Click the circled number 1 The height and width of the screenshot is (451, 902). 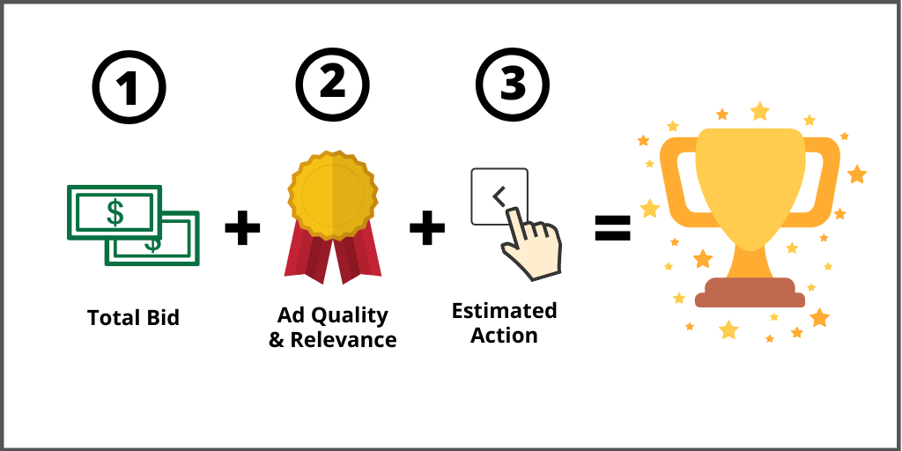point(129,89)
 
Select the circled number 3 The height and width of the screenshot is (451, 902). point(512,85)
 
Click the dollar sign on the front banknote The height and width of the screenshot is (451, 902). point(115,211)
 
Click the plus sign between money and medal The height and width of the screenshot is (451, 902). point(242,228)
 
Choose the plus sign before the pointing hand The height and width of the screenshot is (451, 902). point(427,228)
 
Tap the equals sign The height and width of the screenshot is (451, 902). point(612,228)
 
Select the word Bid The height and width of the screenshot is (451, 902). point(162,317)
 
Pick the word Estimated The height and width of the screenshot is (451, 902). point(504,310)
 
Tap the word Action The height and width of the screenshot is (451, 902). point(504,336)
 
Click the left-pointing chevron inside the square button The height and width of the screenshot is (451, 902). point(499,196)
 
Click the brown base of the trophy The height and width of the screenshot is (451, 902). point(750,292)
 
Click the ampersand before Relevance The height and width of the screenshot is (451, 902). point(277,340)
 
